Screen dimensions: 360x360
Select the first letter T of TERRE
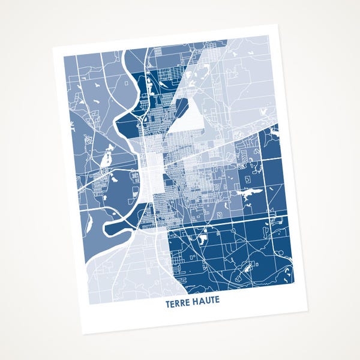[167, 304]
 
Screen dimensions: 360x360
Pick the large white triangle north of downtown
[191, 117]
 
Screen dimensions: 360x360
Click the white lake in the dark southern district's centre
[201, 239]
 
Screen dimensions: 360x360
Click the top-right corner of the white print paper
[277, 25]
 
